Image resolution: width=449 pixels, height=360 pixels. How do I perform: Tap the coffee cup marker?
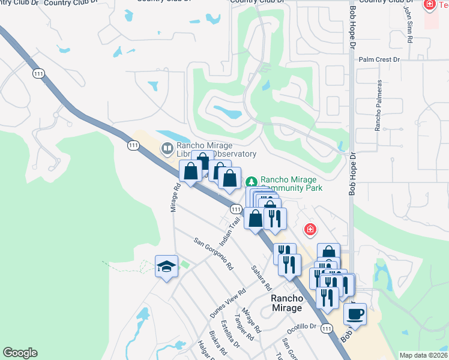click(355, 314)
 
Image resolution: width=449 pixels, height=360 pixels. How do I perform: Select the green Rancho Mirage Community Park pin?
click(252, 181)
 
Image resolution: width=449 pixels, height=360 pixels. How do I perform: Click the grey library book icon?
click(167, 147)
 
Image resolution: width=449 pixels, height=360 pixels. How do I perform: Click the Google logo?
click(20, 353)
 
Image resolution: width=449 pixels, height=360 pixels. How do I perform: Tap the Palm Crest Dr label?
click(379, 60)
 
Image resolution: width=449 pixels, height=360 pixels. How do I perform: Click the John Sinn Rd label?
click(409, 24)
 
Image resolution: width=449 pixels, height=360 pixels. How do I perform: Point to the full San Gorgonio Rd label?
click(213, 254)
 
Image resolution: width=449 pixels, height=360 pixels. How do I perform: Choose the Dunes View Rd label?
click(228, 304)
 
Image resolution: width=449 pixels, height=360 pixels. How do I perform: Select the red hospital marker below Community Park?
click(310, 229)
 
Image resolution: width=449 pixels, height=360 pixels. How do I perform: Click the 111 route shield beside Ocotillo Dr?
click(327, 328)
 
